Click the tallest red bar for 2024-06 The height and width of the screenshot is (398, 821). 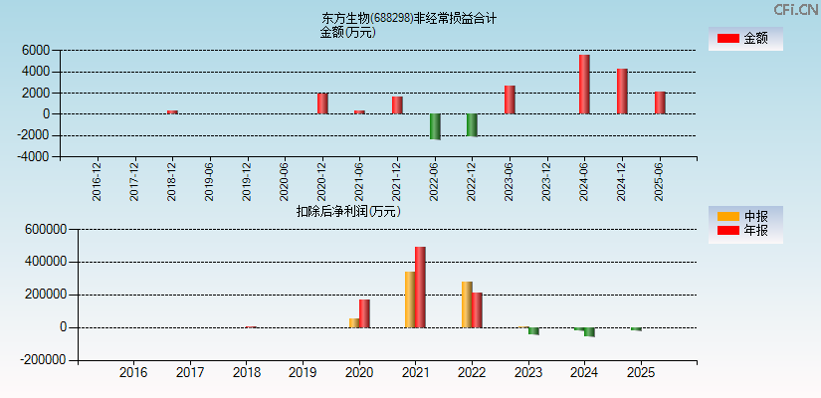[584, 85]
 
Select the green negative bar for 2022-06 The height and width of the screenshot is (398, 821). [435, 126]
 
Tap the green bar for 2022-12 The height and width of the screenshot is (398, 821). [472, 124]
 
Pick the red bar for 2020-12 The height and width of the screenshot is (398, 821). [322, 103]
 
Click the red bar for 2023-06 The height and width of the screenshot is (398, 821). [510, 99]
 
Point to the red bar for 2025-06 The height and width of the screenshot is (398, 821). [659, 102]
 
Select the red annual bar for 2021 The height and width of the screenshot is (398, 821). [420, 287]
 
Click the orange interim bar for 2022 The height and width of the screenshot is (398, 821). [467, 304]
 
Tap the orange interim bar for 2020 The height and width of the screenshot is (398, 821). [354, 322]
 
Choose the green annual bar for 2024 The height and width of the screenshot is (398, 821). [589, 332]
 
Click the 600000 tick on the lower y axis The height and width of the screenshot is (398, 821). [44, 229]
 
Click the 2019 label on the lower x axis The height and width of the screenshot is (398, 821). [303, 372]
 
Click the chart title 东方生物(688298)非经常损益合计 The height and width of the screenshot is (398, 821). [409, 18]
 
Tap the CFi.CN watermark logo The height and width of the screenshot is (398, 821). [795, 9]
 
